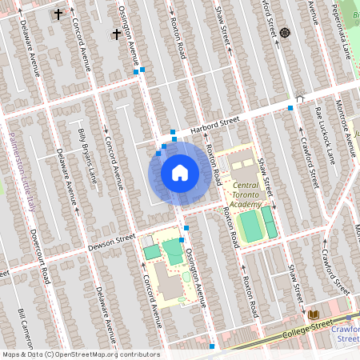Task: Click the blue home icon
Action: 180,172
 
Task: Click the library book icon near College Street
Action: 313,314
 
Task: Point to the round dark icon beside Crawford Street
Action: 285,33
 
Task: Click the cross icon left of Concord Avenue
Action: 58,14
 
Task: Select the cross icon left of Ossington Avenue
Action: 117,34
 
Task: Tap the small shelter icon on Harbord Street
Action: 300,99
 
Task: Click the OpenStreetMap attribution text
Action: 80,354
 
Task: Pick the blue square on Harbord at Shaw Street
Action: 290,108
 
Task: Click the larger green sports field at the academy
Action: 250,226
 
